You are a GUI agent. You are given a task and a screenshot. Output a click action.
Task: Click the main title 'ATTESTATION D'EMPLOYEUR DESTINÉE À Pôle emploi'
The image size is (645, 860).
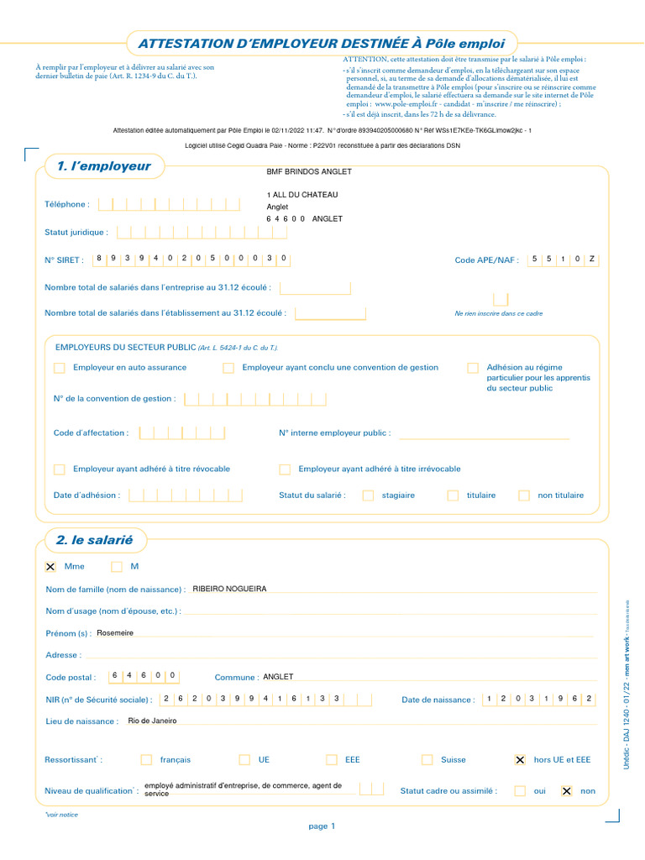[x=322, y=43]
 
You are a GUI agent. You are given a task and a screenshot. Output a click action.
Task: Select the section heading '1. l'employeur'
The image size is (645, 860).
[x=103, y=166]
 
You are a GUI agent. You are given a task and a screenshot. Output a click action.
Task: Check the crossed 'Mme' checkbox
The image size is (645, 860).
[x=50, y=567]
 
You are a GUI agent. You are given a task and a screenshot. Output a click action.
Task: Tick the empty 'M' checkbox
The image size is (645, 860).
[x=117, y=567]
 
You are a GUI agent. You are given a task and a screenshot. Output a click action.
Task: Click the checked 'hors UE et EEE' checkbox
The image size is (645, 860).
[x=520, y=759]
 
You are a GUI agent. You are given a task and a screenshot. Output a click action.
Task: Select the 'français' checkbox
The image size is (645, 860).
[x=146, y=759]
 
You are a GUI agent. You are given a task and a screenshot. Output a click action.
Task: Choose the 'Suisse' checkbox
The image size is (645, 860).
[x=427, y=759]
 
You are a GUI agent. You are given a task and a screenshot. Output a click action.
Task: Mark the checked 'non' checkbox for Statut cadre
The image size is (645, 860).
[x=566, y=790]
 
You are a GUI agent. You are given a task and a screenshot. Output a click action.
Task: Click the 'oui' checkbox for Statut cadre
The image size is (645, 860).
[x=520, y=790]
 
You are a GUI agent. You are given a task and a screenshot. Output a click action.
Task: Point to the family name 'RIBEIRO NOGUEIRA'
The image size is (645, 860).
[x=229, y=589]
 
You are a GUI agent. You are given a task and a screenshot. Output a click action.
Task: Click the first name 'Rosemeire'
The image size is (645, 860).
[x=115, y=632]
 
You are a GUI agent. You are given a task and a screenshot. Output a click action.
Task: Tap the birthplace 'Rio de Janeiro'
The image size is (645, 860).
[x=152, y=721]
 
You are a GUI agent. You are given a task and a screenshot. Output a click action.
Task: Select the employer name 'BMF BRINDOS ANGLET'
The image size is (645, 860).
[x=308, y=172]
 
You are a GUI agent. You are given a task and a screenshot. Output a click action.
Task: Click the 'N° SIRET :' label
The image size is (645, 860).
[x=64, y=260]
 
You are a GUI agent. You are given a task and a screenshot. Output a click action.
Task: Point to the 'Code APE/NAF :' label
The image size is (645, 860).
[x=486, y=260]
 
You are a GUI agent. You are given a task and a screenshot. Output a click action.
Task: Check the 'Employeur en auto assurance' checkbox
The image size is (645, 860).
[x=59, y=368]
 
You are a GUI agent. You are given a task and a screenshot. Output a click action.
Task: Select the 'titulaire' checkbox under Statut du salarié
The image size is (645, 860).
[x=453, y=496]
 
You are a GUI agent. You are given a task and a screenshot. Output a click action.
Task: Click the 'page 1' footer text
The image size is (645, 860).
[x=322, y=826]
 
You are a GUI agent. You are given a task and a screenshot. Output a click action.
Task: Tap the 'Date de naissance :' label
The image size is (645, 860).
[x=438, y=700]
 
